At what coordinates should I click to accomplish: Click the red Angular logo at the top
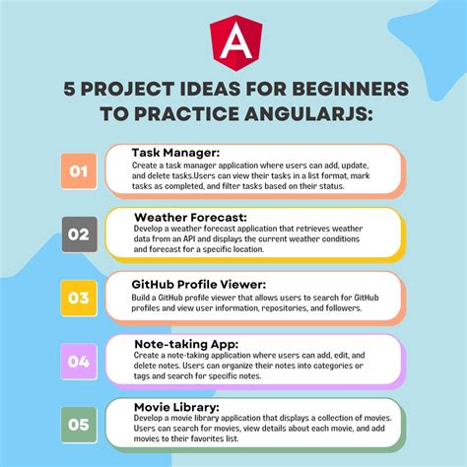pyautogui.click(x=233, y=40)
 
